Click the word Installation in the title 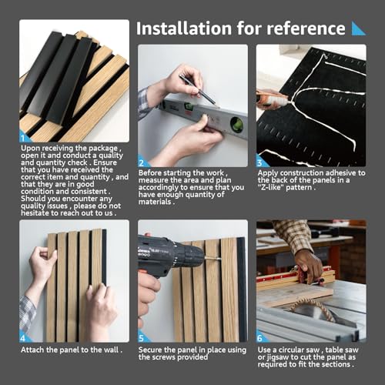click(184, 28)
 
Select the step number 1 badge click(24, 137)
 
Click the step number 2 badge click(142, 162)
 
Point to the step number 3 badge click(260, 162)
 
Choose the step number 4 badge click(24, 337)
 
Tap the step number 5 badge click(142, 337)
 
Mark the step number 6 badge click(260, 337)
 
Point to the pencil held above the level click(197, 89)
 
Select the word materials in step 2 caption click(155, 202)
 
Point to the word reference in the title click(306, 28)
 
